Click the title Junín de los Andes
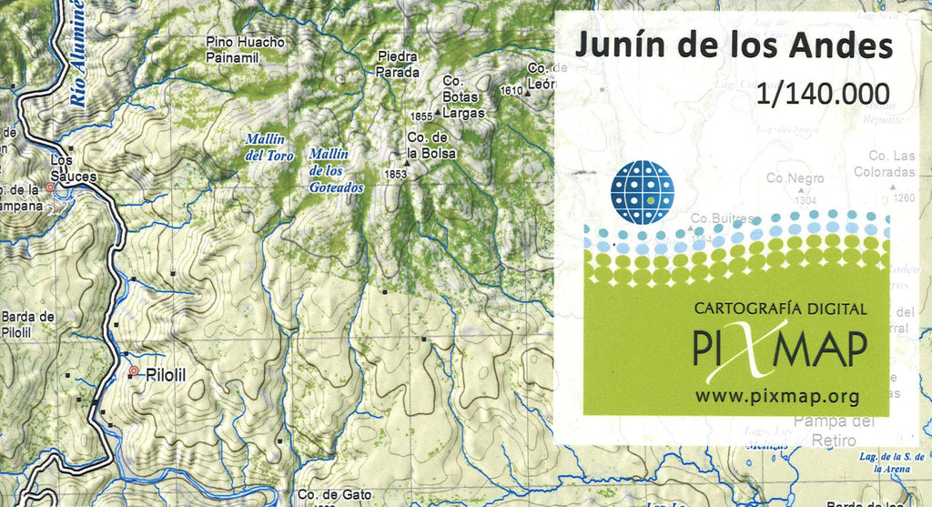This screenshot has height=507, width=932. click(x=732, y=46)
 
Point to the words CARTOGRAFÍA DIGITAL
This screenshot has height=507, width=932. click(x=779, y=309)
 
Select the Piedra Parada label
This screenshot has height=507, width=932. click(x=399, y=64)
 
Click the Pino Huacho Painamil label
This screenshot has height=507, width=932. click(x=245, y=49)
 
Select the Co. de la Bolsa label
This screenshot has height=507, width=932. click(x=431, y=146)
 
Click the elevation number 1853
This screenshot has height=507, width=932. click(x=395, y=174)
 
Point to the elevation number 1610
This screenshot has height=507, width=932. click(x=512, y=90)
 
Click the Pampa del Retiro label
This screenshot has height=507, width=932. click(x=833, y=431)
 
